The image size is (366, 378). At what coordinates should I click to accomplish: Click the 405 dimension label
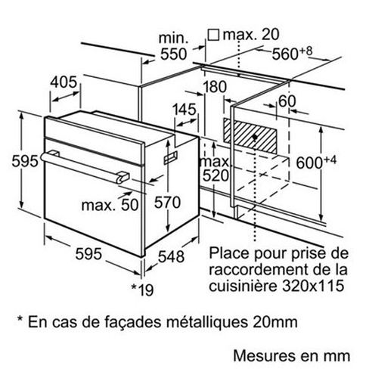64,82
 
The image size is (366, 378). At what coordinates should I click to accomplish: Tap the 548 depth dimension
171,257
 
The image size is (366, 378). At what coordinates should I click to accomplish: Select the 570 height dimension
167,203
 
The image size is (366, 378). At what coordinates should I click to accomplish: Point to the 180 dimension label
215,87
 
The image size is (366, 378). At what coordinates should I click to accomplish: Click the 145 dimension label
184,110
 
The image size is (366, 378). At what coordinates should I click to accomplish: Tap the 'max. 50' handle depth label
110,205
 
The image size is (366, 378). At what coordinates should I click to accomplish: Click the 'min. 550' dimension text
174,46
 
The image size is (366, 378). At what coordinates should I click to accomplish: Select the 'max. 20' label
251,34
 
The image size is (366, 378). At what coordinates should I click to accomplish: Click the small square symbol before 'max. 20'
213,35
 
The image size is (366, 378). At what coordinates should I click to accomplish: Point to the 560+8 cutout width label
292,53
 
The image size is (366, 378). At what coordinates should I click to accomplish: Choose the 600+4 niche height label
316,163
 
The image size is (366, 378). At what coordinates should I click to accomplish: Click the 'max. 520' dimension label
214,169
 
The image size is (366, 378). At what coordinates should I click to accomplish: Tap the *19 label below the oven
143,290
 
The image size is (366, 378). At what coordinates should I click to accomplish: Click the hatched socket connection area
250,136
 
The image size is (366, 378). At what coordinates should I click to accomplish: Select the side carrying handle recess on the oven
171,157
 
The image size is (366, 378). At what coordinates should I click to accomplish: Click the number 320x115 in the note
313,286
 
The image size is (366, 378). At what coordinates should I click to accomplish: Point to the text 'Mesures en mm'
292,356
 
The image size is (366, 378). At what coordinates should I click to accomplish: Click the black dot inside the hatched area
255,137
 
